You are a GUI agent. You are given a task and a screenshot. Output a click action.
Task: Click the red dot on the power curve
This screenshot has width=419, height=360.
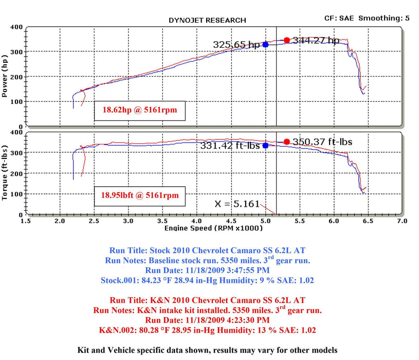287,40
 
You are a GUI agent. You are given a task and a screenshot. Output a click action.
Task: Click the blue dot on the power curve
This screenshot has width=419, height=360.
265,45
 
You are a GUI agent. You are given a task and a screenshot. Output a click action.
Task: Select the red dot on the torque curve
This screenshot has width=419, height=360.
287,142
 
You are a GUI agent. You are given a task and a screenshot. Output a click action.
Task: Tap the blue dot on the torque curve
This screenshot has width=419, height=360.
265,146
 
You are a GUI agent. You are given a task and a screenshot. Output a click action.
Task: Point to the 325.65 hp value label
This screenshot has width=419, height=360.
236,45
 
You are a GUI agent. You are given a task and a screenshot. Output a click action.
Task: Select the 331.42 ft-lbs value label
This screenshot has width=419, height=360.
230,146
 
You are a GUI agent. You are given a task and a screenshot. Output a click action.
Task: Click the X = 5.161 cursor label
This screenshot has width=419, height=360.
237,204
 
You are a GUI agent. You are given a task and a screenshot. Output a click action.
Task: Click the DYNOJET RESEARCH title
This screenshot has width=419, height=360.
207,21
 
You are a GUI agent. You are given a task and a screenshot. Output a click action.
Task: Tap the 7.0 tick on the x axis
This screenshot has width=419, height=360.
402,221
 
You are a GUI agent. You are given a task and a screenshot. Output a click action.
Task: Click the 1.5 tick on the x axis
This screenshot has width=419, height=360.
26,221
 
